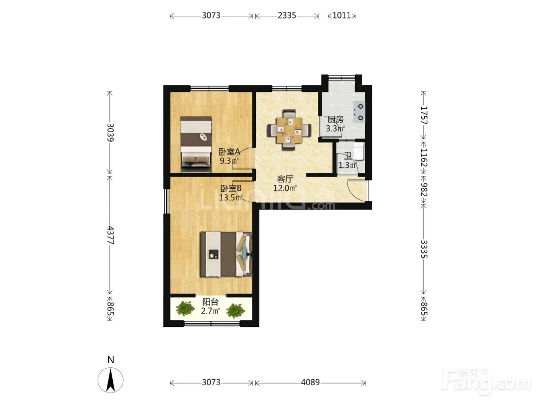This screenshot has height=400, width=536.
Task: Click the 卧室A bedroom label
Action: point(229,152)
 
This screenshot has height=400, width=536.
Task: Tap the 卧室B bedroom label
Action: point(231,188)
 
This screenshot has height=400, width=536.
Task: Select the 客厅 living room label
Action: point(285,179)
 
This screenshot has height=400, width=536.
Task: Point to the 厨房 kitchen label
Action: point(335,120)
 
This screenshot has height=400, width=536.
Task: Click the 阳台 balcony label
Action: point(210,302)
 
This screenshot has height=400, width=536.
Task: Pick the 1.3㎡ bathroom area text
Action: point(348,165)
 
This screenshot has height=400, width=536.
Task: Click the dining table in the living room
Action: point(289,130)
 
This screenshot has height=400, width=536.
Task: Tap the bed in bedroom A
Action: point(196,144)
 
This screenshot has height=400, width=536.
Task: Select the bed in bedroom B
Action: point(226,254)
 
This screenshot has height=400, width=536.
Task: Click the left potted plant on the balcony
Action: point(185,309)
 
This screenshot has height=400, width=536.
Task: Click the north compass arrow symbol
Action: point(110,380)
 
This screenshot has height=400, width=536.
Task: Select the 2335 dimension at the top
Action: point(287,15)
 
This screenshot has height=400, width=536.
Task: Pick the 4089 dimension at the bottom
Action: point(310,382)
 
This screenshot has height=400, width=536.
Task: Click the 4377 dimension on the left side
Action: point(110,235)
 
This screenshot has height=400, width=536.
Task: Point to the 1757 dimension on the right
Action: point(424,115)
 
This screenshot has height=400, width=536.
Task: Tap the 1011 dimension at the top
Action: point(341,15)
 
